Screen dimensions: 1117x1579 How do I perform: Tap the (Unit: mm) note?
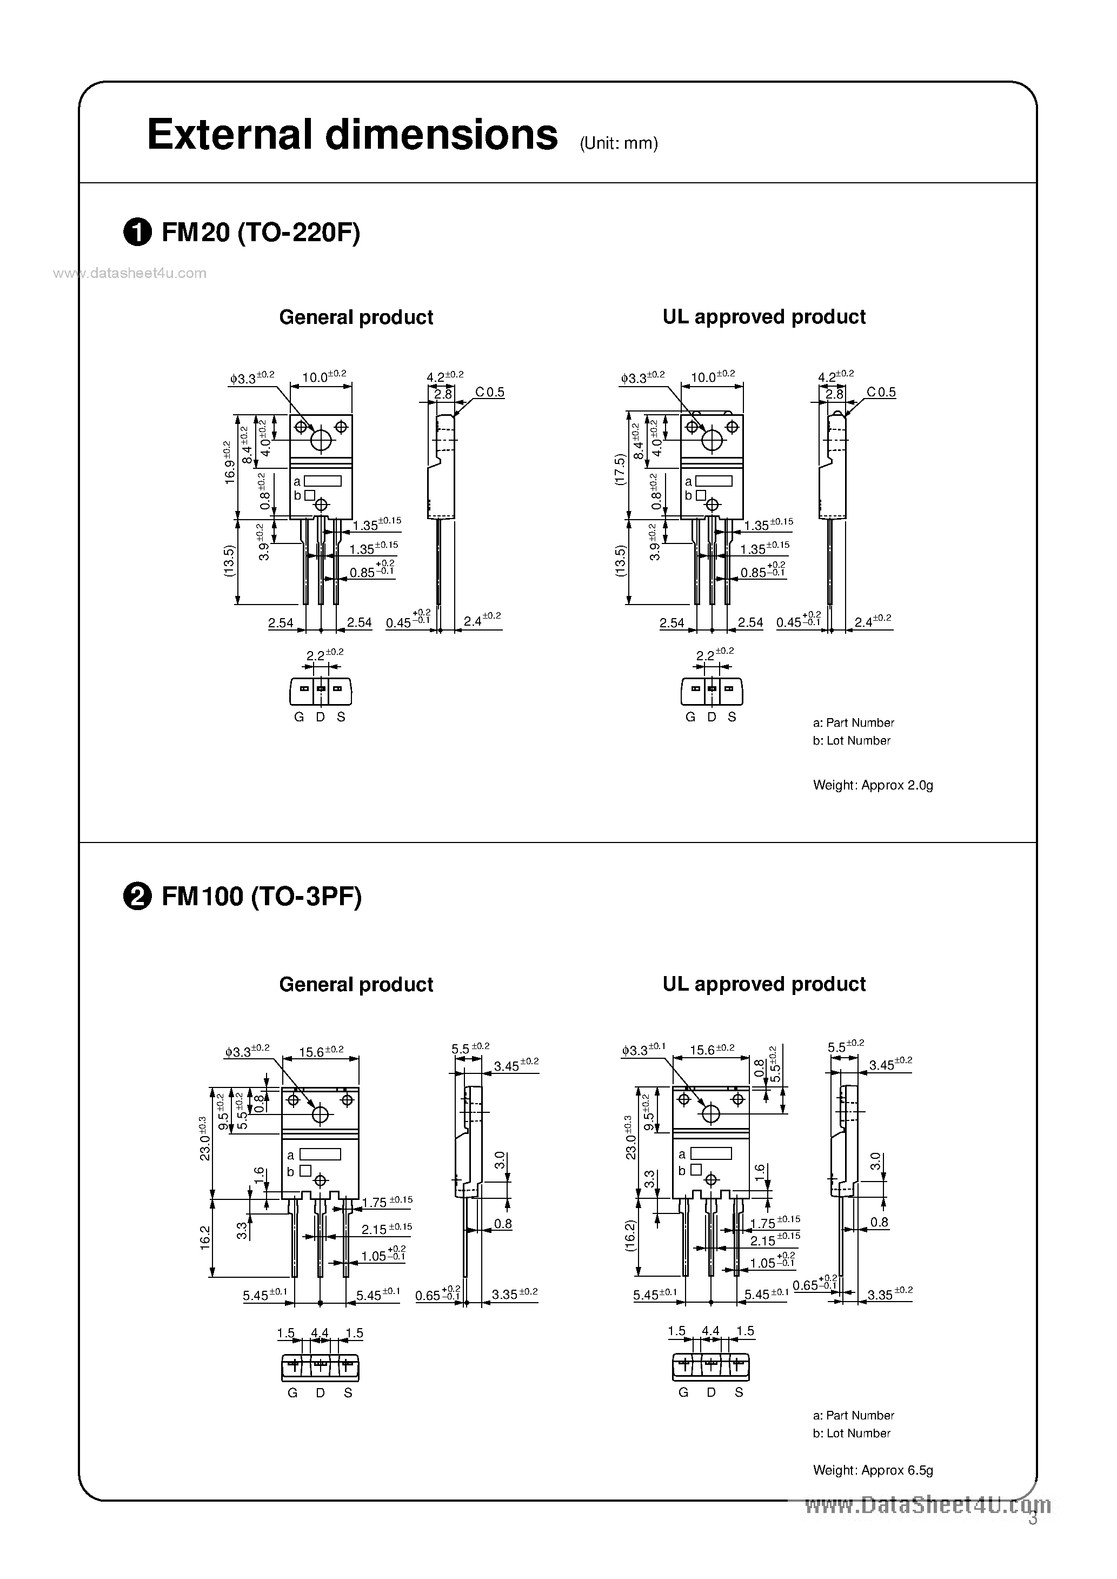click(619, 143)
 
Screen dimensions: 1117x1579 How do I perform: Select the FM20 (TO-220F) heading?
click(261, 234)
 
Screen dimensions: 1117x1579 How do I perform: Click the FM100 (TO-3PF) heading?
click(261, 897)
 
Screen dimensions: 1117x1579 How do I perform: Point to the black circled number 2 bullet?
click(137, 898)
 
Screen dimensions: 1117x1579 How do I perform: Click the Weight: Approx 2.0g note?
click(872, 785)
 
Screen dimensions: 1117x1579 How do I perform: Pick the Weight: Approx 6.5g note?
click(872, 1470)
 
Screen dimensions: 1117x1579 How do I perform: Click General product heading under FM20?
click(356, 317)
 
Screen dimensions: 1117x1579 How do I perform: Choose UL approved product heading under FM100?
click(763, 984)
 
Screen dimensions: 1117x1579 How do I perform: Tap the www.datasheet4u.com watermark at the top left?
click(129, 273)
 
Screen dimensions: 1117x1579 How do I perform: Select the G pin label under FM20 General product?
click(298, 716)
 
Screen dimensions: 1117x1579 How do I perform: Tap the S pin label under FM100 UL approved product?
click(739, 1392)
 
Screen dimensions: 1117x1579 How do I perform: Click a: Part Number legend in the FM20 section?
click(853, 723)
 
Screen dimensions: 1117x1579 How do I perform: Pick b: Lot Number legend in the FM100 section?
click(852, 1433)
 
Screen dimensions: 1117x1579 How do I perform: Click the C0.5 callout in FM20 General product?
click(490, 392)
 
